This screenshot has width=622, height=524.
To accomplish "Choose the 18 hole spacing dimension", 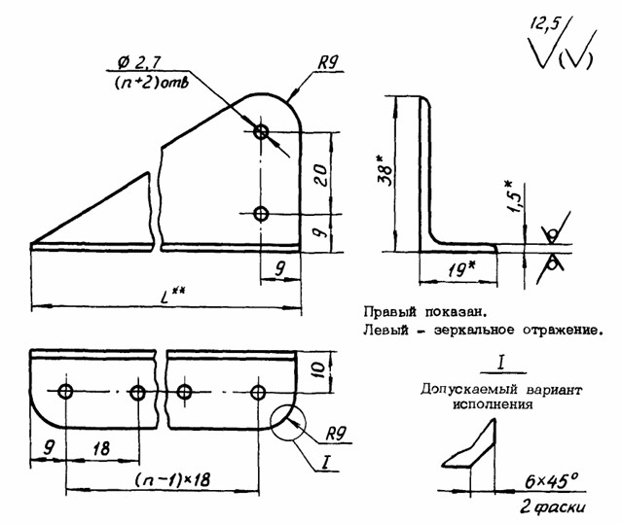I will [101, 450].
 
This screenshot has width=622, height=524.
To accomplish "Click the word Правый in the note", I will [388, 313].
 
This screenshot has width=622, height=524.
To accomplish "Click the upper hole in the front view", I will [260, 131].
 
